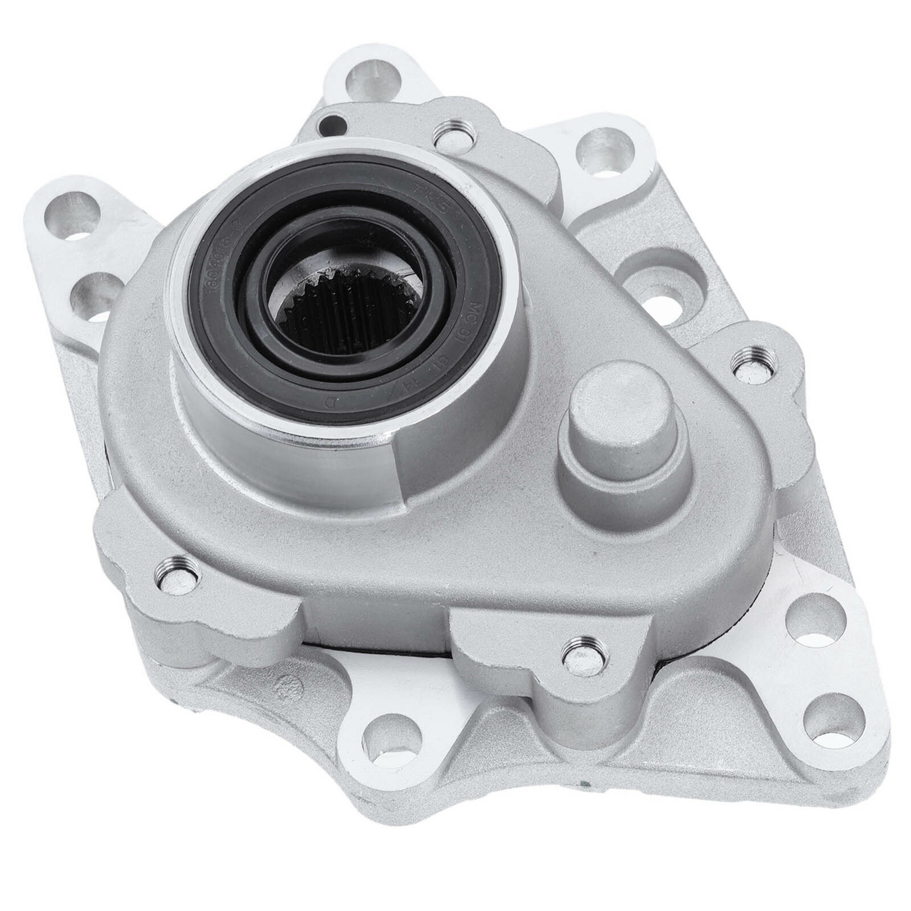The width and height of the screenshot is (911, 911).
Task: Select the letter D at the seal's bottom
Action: pos(329,403)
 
